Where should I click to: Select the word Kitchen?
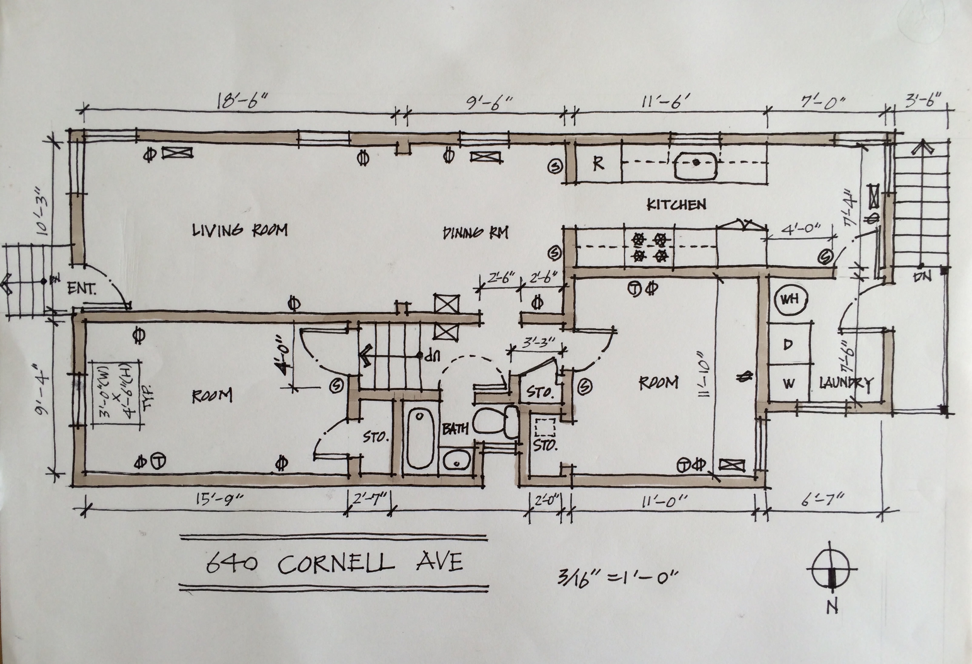(x=676, y=204)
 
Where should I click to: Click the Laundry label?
(x=846, y=383)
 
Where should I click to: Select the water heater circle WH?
(x=790, y=299)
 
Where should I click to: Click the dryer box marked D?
(x=788, y=344)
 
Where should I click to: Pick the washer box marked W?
(x=788, y=383)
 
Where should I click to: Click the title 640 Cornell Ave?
(x=335, y=563)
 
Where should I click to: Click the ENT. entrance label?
(x=82, y=288)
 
